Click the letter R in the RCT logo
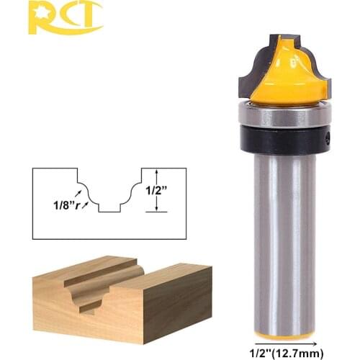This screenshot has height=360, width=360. pos(40,17)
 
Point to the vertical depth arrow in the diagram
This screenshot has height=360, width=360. pos(156,190)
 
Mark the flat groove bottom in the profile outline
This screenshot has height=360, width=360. pos(109,211)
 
